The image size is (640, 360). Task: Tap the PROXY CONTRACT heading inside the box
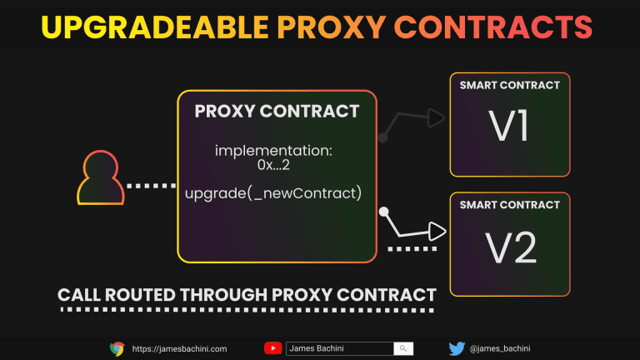click(277, 112)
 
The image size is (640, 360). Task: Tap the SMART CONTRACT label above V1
click(509, 85)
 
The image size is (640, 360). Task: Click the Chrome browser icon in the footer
click(117, 348)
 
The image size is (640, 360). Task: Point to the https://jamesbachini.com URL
click(179, 348)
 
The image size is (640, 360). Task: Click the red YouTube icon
click(272, 348)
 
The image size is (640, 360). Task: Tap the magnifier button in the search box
click(403, 348)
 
